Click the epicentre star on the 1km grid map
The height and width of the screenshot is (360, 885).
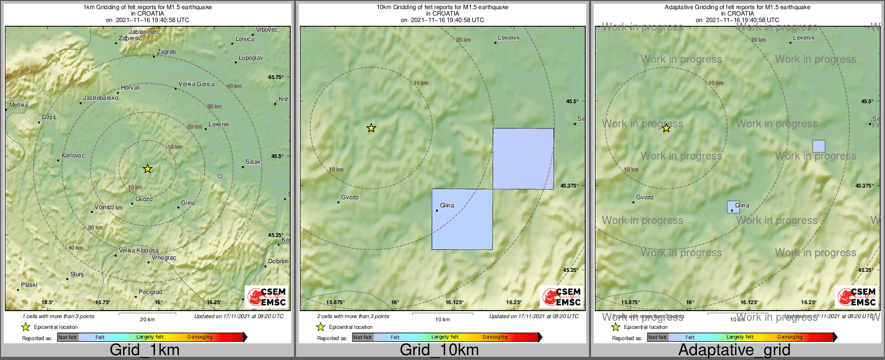[x=148, y=169]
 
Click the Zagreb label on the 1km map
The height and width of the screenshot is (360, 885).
[x=166, y=52]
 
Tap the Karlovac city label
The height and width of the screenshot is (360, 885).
[x=73, y=156]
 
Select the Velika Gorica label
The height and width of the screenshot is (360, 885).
[x=196, y=84]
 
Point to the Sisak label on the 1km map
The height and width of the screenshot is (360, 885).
[x=253, y=162]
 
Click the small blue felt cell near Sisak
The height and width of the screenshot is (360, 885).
[x=220, y=176]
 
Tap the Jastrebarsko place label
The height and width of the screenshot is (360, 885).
[x=100, y=98]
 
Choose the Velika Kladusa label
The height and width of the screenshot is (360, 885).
[x=139, y=251]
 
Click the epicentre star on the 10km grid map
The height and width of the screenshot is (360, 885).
[x=371, y=128]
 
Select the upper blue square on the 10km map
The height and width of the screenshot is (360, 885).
[x=523, y=159]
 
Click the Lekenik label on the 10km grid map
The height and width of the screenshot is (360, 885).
[x=508, y=38]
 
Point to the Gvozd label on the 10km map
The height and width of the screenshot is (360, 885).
[x=350, y=198]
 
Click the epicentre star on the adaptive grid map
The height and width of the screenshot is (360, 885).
[x=666, y=128]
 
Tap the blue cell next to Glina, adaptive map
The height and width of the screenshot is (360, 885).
[x=733, y=207]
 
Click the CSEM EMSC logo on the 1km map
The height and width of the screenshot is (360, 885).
[x=267, y=297]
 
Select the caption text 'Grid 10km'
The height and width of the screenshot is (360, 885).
[x=439, y=350]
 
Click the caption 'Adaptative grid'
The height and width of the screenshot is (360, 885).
[x=734, y=350]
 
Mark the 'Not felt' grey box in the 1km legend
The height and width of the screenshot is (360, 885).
[x=68, y=337]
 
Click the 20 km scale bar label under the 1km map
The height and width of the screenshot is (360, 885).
[x=147, y=320]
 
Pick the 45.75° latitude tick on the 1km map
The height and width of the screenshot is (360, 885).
[x=276, y=77]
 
